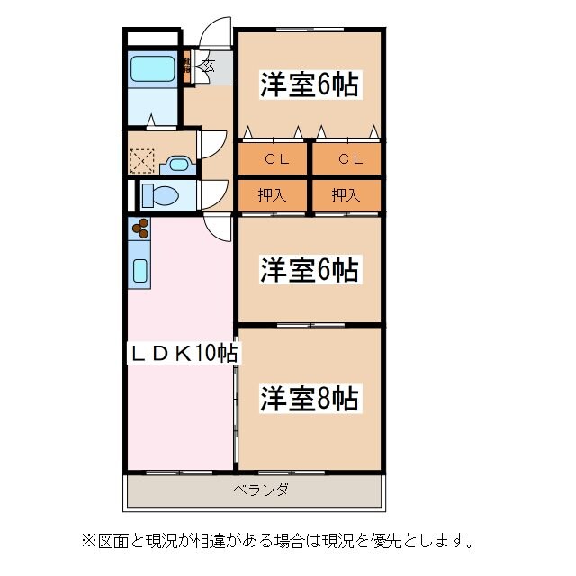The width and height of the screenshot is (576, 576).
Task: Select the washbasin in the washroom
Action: (178, 164)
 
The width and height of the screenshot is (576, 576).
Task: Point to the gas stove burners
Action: (139, 229)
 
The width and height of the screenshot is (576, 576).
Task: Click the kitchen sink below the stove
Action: (140, 269)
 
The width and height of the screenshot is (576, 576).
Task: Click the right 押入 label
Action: (347, 194)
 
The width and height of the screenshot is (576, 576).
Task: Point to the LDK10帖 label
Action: (181, 353)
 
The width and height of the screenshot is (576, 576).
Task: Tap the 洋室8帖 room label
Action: (310, 397)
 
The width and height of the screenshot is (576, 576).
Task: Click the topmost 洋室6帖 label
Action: (310, 85)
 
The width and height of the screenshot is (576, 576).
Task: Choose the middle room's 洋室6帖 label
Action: (310, 269)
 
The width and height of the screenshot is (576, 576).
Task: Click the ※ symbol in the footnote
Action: (87, 541)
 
